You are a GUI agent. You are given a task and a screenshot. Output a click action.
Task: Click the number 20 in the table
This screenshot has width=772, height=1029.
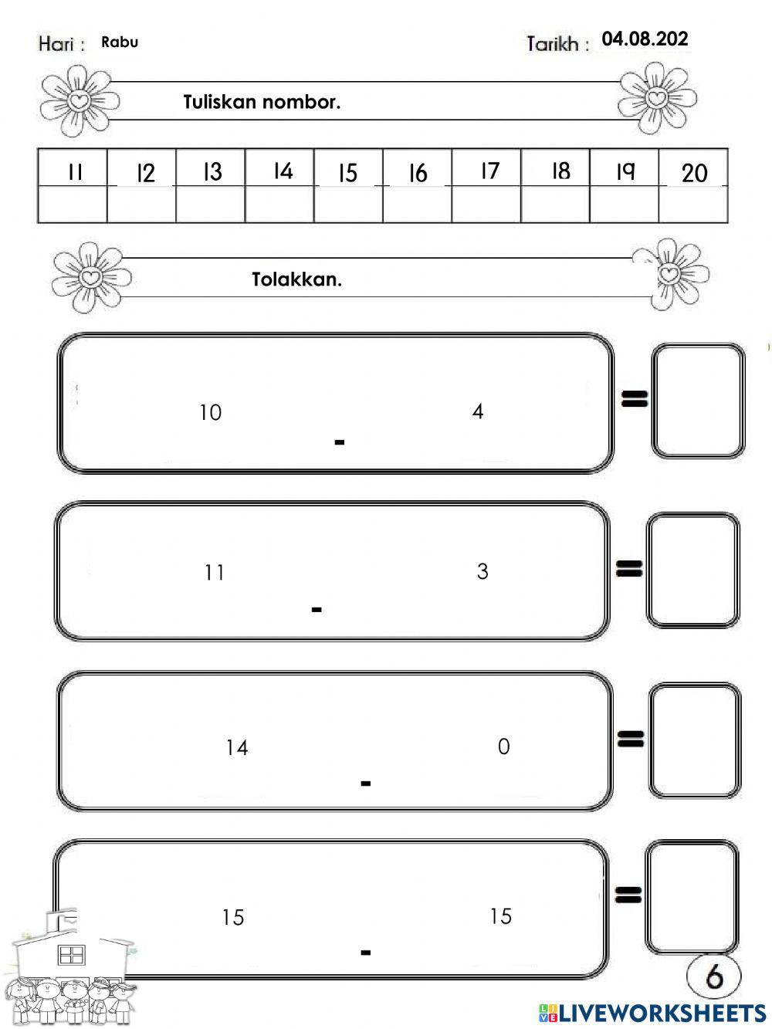click(694, 173)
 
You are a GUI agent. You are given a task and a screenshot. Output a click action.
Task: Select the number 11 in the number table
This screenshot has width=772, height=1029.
click(74, 172)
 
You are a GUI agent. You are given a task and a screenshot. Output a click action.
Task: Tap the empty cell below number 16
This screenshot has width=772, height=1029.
click(417, 205)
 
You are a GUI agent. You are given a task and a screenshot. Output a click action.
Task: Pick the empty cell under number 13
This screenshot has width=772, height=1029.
click(210, 205)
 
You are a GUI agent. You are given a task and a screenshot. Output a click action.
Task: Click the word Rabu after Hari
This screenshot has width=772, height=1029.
click(120, 42)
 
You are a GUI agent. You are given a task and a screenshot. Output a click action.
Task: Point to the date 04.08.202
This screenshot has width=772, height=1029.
click(645, 39)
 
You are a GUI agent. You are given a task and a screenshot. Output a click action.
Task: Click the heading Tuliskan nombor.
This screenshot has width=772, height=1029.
click(262, 102)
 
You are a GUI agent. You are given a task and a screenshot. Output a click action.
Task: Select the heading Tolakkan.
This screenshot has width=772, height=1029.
click(296, 279)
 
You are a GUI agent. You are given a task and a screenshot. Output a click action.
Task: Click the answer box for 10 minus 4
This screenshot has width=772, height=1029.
click(698, 401)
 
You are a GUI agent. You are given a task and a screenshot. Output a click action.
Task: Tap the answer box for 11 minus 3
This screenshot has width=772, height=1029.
click(692, 570)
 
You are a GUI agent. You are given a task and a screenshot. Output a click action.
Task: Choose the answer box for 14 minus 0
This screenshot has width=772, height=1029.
click(694, 740)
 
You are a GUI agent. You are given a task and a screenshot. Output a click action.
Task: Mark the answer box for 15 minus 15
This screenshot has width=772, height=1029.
click(691, 897)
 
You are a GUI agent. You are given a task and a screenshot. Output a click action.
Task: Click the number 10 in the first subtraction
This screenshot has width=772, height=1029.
click(210, 412)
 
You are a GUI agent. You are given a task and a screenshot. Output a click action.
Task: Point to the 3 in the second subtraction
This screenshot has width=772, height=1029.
click(482, 571)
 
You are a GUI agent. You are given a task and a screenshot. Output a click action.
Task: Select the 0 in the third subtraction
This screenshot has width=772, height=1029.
click(503, 746)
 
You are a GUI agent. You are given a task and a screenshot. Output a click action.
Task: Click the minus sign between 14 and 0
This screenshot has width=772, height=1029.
click(366, 784)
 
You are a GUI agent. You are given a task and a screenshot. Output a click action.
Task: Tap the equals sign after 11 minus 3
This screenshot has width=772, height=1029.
click(629, 569)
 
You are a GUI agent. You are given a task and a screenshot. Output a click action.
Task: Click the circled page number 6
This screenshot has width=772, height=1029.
click(714, 977)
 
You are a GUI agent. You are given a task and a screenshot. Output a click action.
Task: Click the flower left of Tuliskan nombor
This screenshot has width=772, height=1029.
click(79, 100)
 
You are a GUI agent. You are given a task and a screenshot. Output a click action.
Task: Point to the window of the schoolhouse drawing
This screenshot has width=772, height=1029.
click(72, 955)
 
